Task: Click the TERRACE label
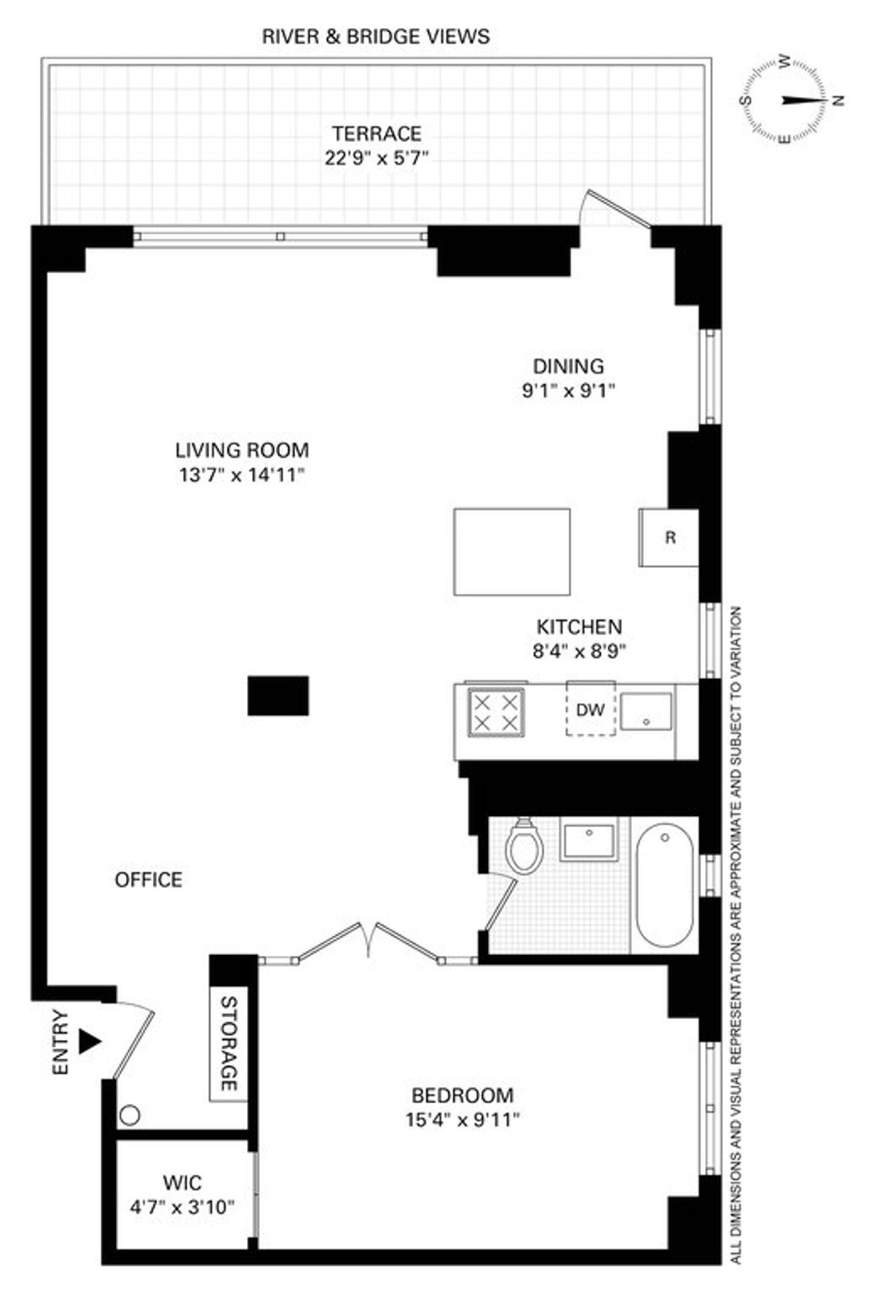(x=377, y=134)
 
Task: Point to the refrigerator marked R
(x=669, y=538)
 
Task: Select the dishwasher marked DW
(x=591, y=709)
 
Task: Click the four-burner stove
(x=496, y=712)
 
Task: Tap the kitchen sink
(x=646, y=711)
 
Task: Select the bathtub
(x=664, y=887)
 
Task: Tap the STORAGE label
(x=229, y=1043)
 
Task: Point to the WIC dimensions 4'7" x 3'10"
(x=182, y=1207)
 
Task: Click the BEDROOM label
(x=462, y=1095)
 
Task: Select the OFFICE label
(x=149, y=880)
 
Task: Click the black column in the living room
(x=278, y=696)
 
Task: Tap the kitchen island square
(x=512, y=552)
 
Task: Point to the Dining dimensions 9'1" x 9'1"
(x=568, y=390)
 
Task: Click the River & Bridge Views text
(x=376, y=36)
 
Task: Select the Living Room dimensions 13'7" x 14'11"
(x=241, y=476)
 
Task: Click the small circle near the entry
(x=130, y=1115)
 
